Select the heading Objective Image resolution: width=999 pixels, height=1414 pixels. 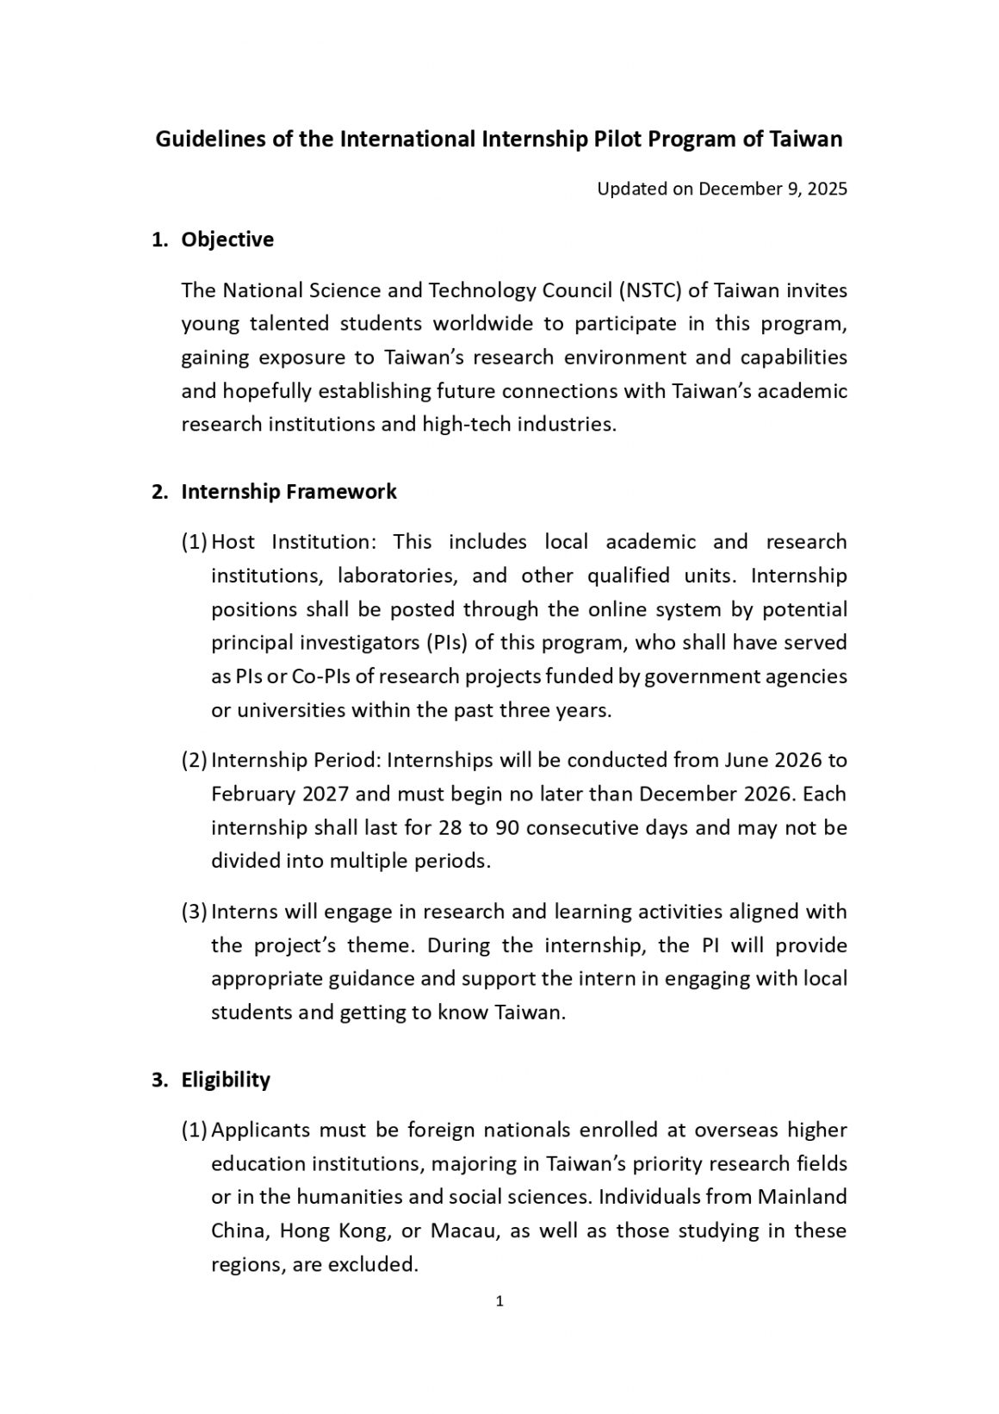[227, 240]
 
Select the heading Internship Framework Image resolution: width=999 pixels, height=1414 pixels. [289, 492]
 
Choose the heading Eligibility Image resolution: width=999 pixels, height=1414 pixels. [226, 1081]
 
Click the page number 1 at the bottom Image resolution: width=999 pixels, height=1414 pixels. [499, 1301]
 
